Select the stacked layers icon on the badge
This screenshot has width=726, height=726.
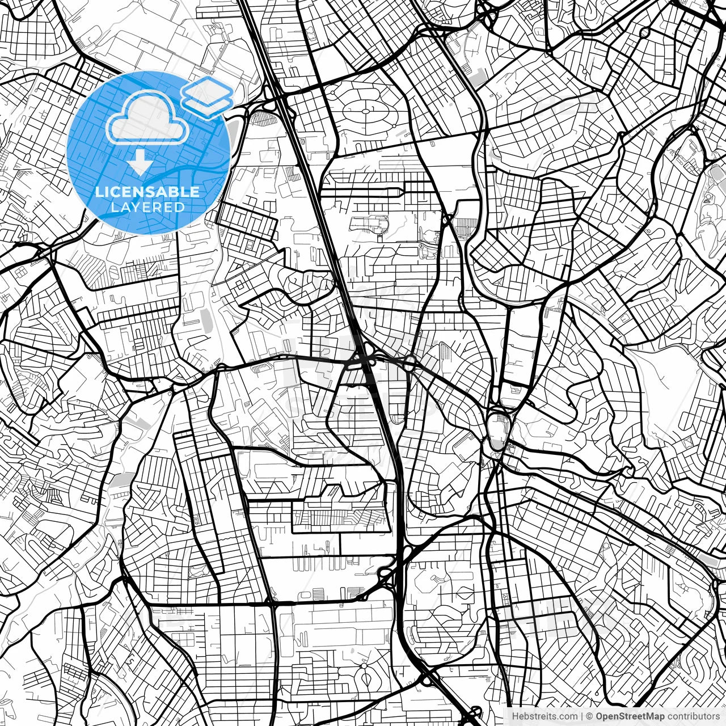click(x=207, y=96)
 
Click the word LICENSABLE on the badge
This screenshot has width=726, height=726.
click(x=147, y=192)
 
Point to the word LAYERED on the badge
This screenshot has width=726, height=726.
click(x=147, y=207)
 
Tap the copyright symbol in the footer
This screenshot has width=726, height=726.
click(x=589, y=716)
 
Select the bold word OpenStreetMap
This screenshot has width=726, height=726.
click(x=628, y=716)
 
